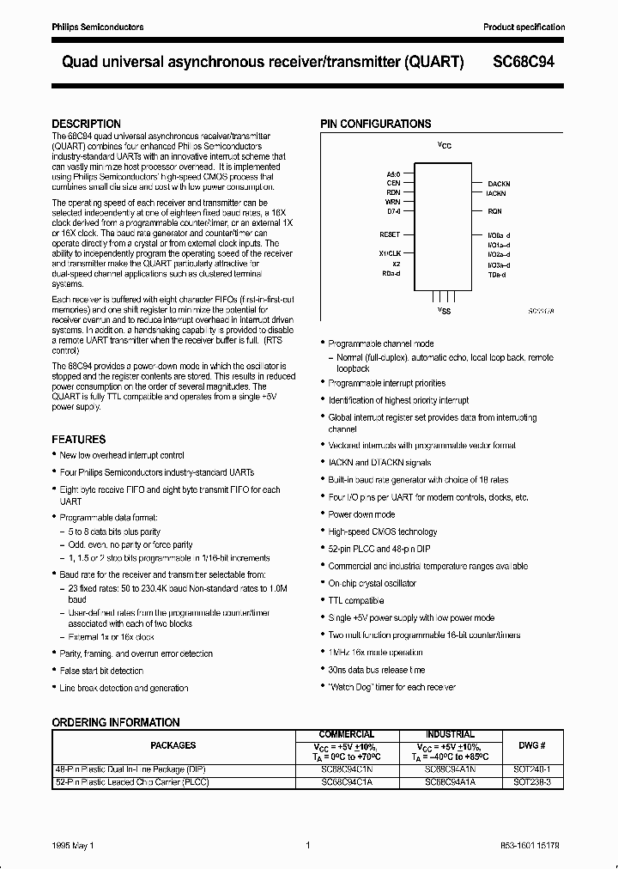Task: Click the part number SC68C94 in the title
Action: pyautogui.click(x=529, y=63)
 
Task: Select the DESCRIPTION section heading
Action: pyautogui.click(x=86, y=124)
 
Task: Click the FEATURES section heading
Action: pyautogui.click(x=79, y=439)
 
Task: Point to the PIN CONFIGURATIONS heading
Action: pyautogui.click(x=375, y=124)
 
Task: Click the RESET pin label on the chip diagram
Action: pyautogui.click(x=390, y=234)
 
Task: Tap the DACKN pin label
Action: pyautogui.click(x=499, y=184)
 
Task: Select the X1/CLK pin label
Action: pyautogui.click(x=390, y=254)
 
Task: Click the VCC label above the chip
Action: pyautogui.click(x=444, y=146)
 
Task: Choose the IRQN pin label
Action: pyautogui.click(x=494, y=211)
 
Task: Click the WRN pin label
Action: pyautogui.click(x=393, y=201)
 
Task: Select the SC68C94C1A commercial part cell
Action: pyautogui.click(x=347, y=781)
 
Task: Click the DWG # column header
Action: pyautogui.click(x=531, y=745)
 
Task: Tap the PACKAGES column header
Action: pyautogui.click(x=173, y=745)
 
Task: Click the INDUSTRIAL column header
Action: pyautogui.click(x=450, y=734)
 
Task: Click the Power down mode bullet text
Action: pyautogui.click(x=361, y=514)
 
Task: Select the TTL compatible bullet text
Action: pyautogui.click(x=355, y=600)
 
